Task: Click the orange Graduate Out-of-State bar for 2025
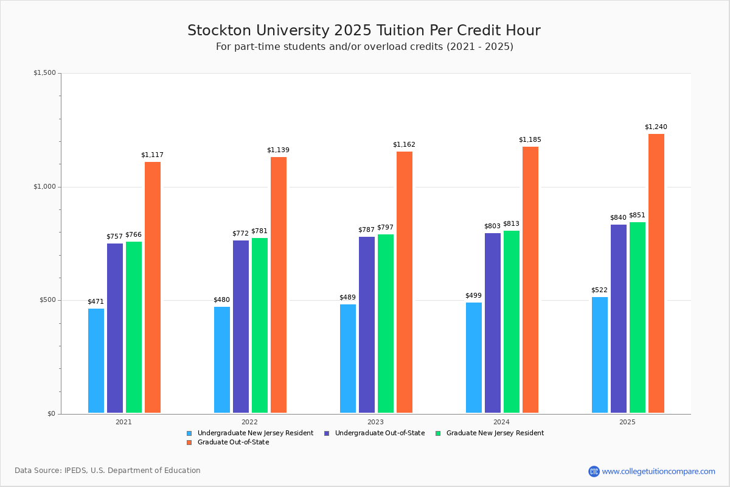656,273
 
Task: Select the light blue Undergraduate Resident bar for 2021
96,361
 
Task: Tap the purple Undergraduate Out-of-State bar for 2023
367,325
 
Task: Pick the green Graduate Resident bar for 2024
512,322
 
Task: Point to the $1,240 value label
656,127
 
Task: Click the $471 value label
96,302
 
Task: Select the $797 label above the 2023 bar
385,228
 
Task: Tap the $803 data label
492,226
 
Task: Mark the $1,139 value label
278,150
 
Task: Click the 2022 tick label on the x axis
249,422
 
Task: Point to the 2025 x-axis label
627,422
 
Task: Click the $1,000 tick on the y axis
44,187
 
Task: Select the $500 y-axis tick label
47,300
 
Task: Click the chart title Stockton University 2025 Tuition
364,31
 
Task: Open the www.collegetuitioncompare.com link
658,471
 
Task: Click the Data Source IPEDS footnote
108,471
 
